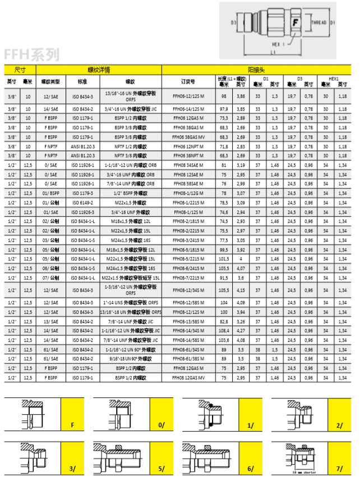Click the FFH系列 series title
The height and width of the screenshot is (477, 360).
pyautogui.click(x=31, y=54)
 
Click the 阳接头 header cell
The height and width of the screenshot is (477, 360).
pyautogui.click(x=257, y=70)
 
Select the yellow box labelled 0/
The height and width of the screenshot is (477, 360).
pyautogui.click(x=162, y=425)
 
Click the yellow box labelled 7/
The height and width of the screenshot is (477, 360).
pyautogui.click(x=339, y=467)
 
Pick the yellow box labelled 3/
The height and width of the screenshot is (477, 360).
pyautogui.click(x=72, y=467)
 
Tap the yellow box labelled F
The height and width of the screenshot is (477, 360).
pyautogui.click(x=72, y=425)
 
